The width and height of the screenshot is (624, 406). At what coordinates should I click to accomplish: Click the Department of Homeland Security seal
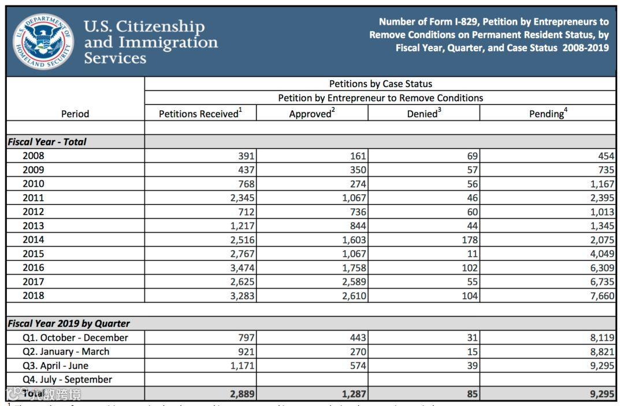43,42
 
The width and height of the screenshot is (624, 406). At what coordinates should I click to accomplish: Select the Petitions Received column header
200,114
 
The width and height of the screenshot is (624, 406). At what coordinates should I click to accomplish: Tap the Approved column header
311,114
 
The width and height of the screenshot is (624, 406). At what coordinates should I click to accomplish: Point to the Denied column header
424,114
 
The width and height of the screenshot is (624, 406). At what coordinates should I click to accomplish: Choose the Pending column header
548,114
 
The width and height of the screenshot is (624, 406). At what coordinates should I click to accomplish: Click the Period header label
75,114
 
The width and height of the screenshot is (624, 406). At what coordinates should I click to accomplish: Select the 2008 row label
34,156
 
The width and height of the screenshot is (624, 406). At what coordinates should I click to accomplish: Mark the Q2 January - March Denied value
472,352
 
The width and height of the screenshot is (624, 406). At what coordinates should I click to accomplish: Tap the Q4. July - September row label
68,379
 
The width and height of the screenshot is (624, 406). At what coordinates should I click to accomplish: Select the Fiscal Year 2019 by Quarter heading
69,324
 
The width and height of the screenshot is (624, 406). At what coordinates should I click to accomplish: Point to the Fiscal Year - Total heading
47,142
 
